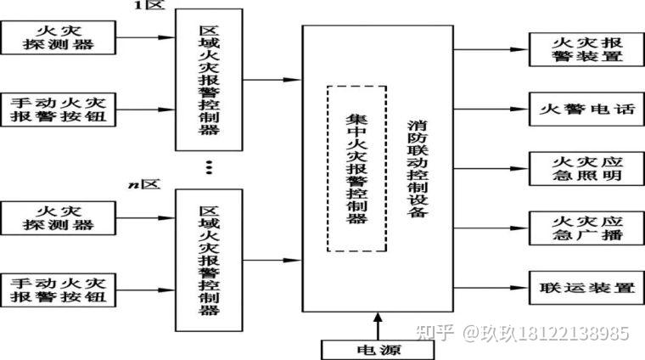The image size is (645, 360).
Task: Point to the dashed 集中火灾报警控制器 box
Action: (356, 167)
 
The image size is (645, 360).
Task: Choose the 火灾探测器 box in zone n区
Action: (59, 218)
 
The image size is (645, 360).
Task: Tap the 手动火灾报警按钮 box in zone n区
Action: (59, 290)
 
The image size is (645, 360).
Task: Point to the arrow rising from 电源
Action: (373, 325)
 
